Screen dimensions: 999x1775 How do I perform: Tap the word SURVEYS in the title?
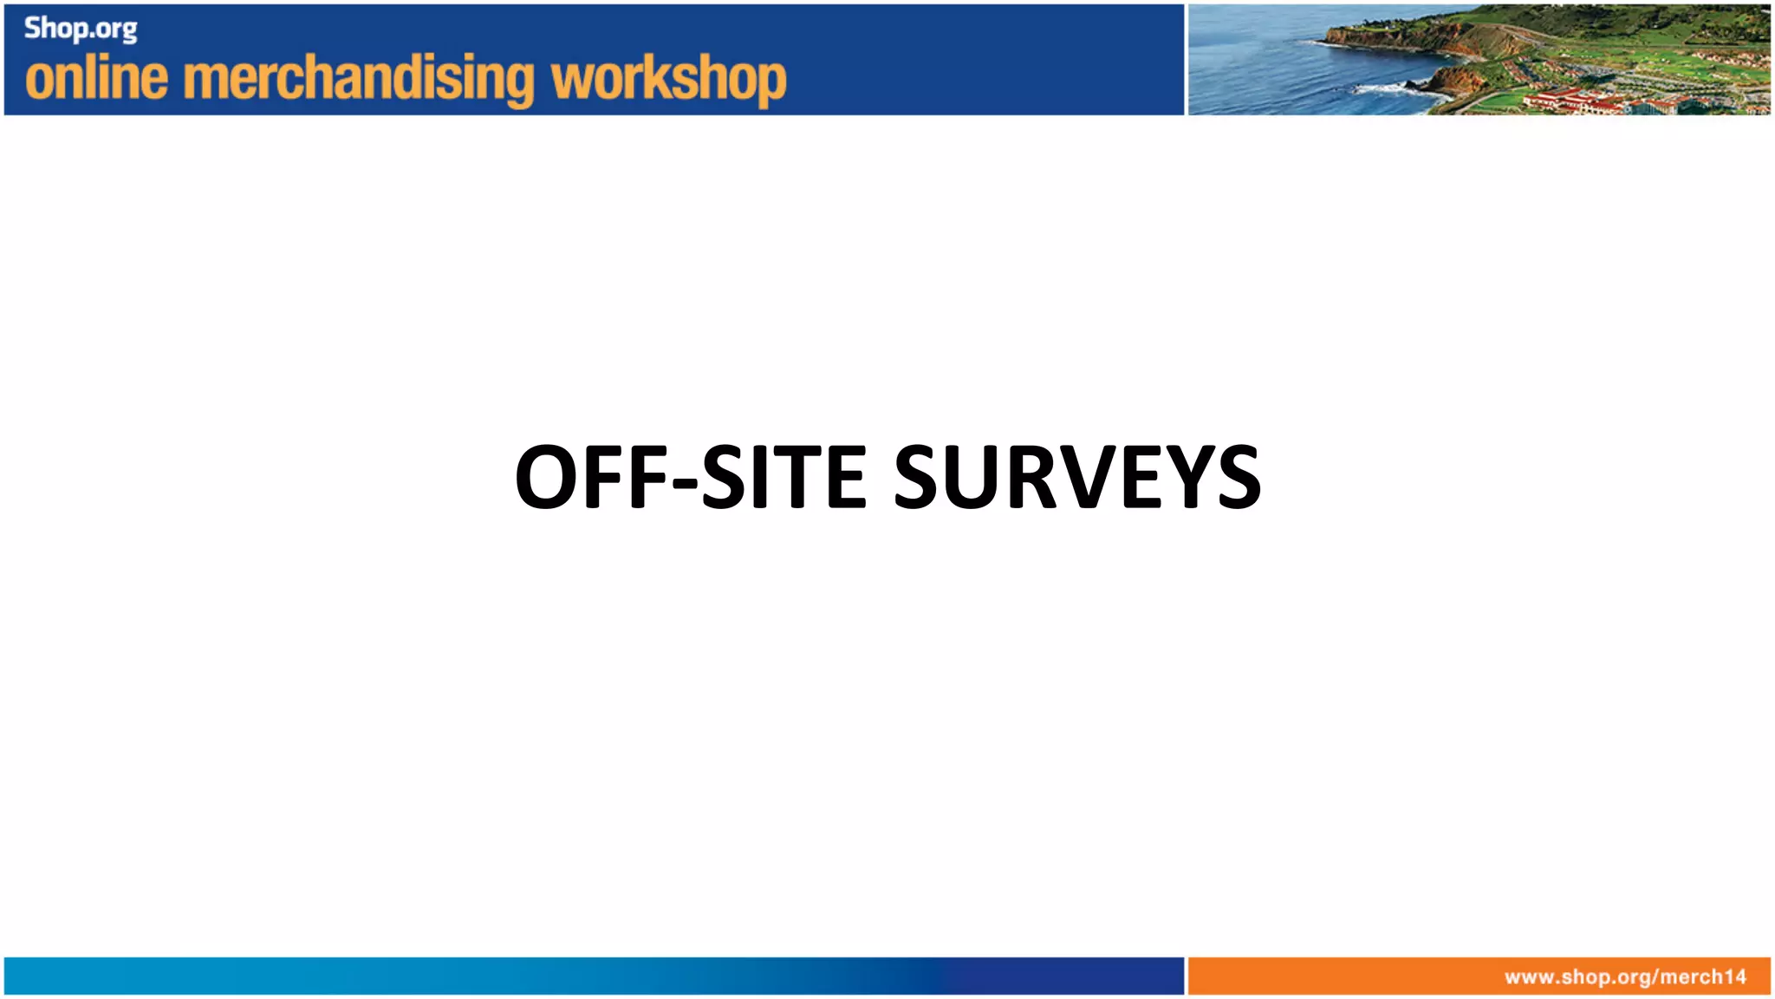click(x=1076, y=477)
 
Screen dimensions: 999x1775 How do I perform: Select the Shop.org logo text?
click(x=80, y=29)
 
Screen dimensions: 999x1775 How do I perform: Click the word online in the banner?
click(x=96, y=78)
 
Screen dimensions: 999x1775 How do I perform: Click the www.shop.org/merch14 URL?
click(x=1625, y=977)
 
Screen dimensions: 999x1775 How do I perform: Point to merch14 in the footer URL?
click(x=1703, y=977)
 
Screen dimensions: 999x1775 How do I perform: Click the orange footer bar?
click(x=1343, y=976)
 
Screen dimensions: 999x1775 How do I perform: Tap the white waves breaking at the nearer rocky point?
click(x=1387, y=88)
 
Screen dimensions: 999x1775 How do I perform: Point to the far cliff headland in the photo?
click(x=1352, y=35)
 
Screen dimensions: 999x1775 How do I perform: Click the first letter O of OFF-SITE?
click(x=547, y=477)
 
